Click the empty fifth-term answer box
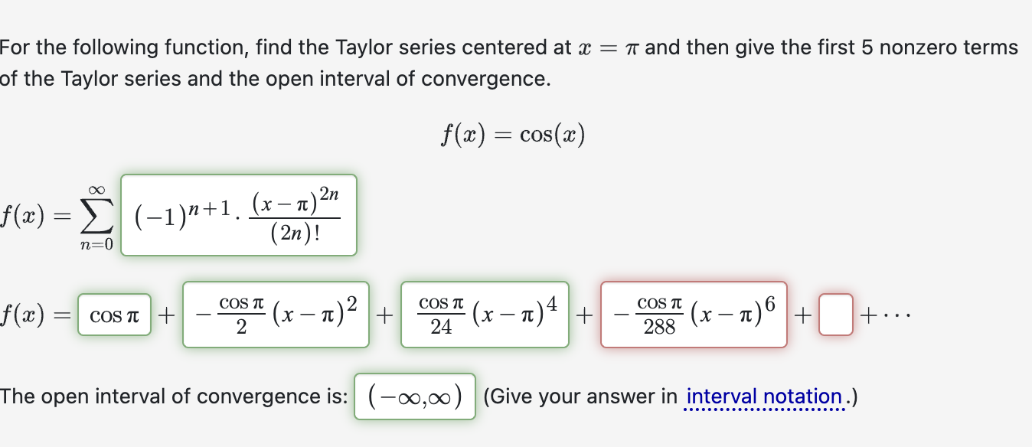835,315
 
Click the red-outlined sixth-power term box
694,315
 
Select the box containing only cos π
114,315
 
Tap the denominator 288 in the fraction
659,328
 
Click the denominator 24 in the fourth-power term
441,328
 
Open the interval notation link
764,397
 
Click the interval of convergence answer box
415,396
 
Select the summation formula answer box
239,215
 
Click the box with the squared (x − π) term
276,315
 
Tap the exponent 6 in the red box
769,303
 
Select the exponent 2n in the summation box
328,197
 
